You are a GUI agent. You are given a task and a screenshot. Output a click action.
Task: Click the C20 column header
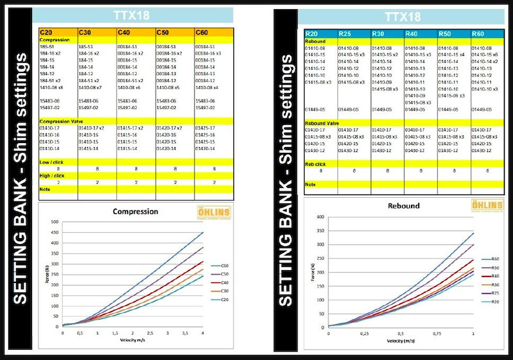pyautogui.click(x=46, y=31)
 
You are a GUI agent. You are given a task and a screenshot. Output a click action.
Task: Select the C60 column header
pyautogui.click(x=203, y=31)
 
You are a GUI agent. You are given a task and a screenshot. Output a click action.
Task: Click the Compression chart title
pyautogui.click(x=135, y=211)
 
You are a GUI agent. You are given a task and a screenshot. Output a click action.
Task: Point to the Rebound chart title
pyautogui.click(x=405, y=206)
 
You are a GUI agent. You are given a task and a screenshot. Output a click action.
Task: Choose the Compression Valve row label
pyautogui.click(x=63, y=121)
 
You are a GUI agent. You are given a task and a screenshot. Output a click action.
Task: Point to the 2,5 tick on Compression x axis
pyautogui.click(x=150, y=333)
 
